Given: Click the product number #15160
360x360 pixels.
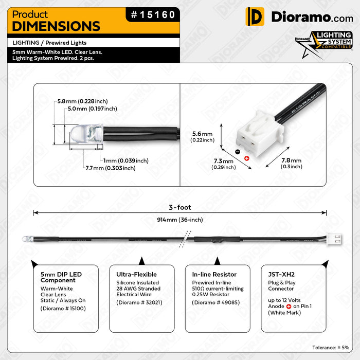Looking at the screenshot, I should pyautogui.click(x=153, y=15).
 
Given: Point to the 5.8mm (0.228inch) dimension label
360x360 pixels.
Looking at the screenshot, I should pyautogui.click(x=82, y=101).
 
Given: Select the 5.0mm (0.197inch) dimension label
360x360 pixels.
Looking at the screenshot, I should pyautogui.click(x=92, y=109).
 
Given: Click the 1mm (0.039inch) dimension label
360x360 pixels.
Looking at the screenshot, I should pyautogui.click(x=125, y=160).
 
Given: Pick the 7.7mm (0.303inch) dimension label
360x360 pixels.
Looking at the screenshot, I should pyautogui.click(x=111, y=168).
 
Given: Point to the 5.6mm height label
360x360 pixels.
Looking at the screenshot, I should pyautogui.click(x=202, y=136).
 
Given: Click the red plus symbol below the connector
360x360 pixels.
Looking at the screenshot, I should pyautogui.click(x=247, y=157).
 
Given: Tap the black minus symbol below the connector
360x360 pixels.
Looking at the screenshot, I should pyautogui.click(x=237, y=152).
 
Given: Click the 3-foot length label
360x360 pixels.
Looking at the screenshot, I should pyautogui.click(x=180, y=208).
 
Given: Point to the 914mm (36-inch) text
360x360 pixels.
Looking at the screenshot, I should pyautogui.click(x=180, y=220).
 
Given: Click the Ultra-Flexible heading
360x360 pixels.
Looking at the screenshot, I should pyautogui.click(x=136, y=275).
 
